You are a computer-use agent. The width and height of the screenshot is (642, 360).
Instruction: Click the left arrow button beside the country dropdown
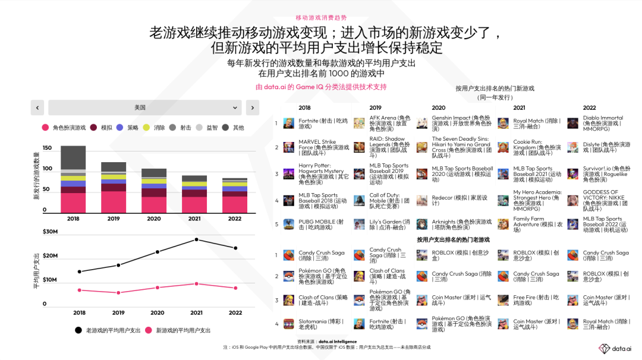pyautogui.click(x=37, y=108)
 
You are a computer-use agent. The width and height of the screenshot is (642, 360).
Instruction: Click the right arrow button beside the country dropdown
pyautogui.click(x=252, y=108)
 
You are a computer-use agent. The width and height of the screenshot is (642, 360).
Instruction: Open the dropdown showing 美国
pyautogui.click(x=144, y=108)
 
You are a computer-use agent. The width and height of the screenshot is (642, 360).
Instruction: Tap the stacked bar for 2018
pyautogui.click(x=73, y=179)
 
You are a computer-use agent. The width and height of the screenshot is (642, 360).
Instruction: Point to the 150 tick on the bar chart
pyautogui.click(x=48, y=147)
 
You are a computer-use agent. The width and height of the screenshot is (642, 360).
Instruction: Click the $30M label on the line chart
pyautogui.click(x=50, y=232)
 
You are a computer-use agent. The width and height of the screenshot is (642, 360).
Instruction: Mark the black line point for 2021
pyautogui.click(x=196, y=239)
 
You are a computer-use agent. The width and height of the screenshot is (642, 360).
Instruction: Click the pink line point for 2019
pyautogui.click(x=118, y=293)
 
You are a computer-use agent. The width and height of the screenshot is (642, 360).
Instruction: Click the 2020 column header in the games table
pyautogui.click(x=438, y=108)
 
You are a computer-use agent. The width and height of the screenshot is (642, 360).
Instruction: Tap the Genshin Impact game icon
pyautogui.click(x=422, y=123)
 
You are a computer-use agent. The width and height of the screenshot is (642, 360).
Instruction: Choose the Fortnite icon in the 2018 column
pyautogui.click(x=289, y=123)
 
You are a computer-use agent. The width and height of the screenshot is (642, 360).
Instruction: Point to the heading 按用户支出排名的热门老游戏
pyautogui.click(x=453, y=240)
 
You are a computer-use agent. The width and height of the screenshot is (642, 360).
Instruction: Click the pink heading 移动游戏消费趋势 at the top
pyautogui.click(x=321, y=18)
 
